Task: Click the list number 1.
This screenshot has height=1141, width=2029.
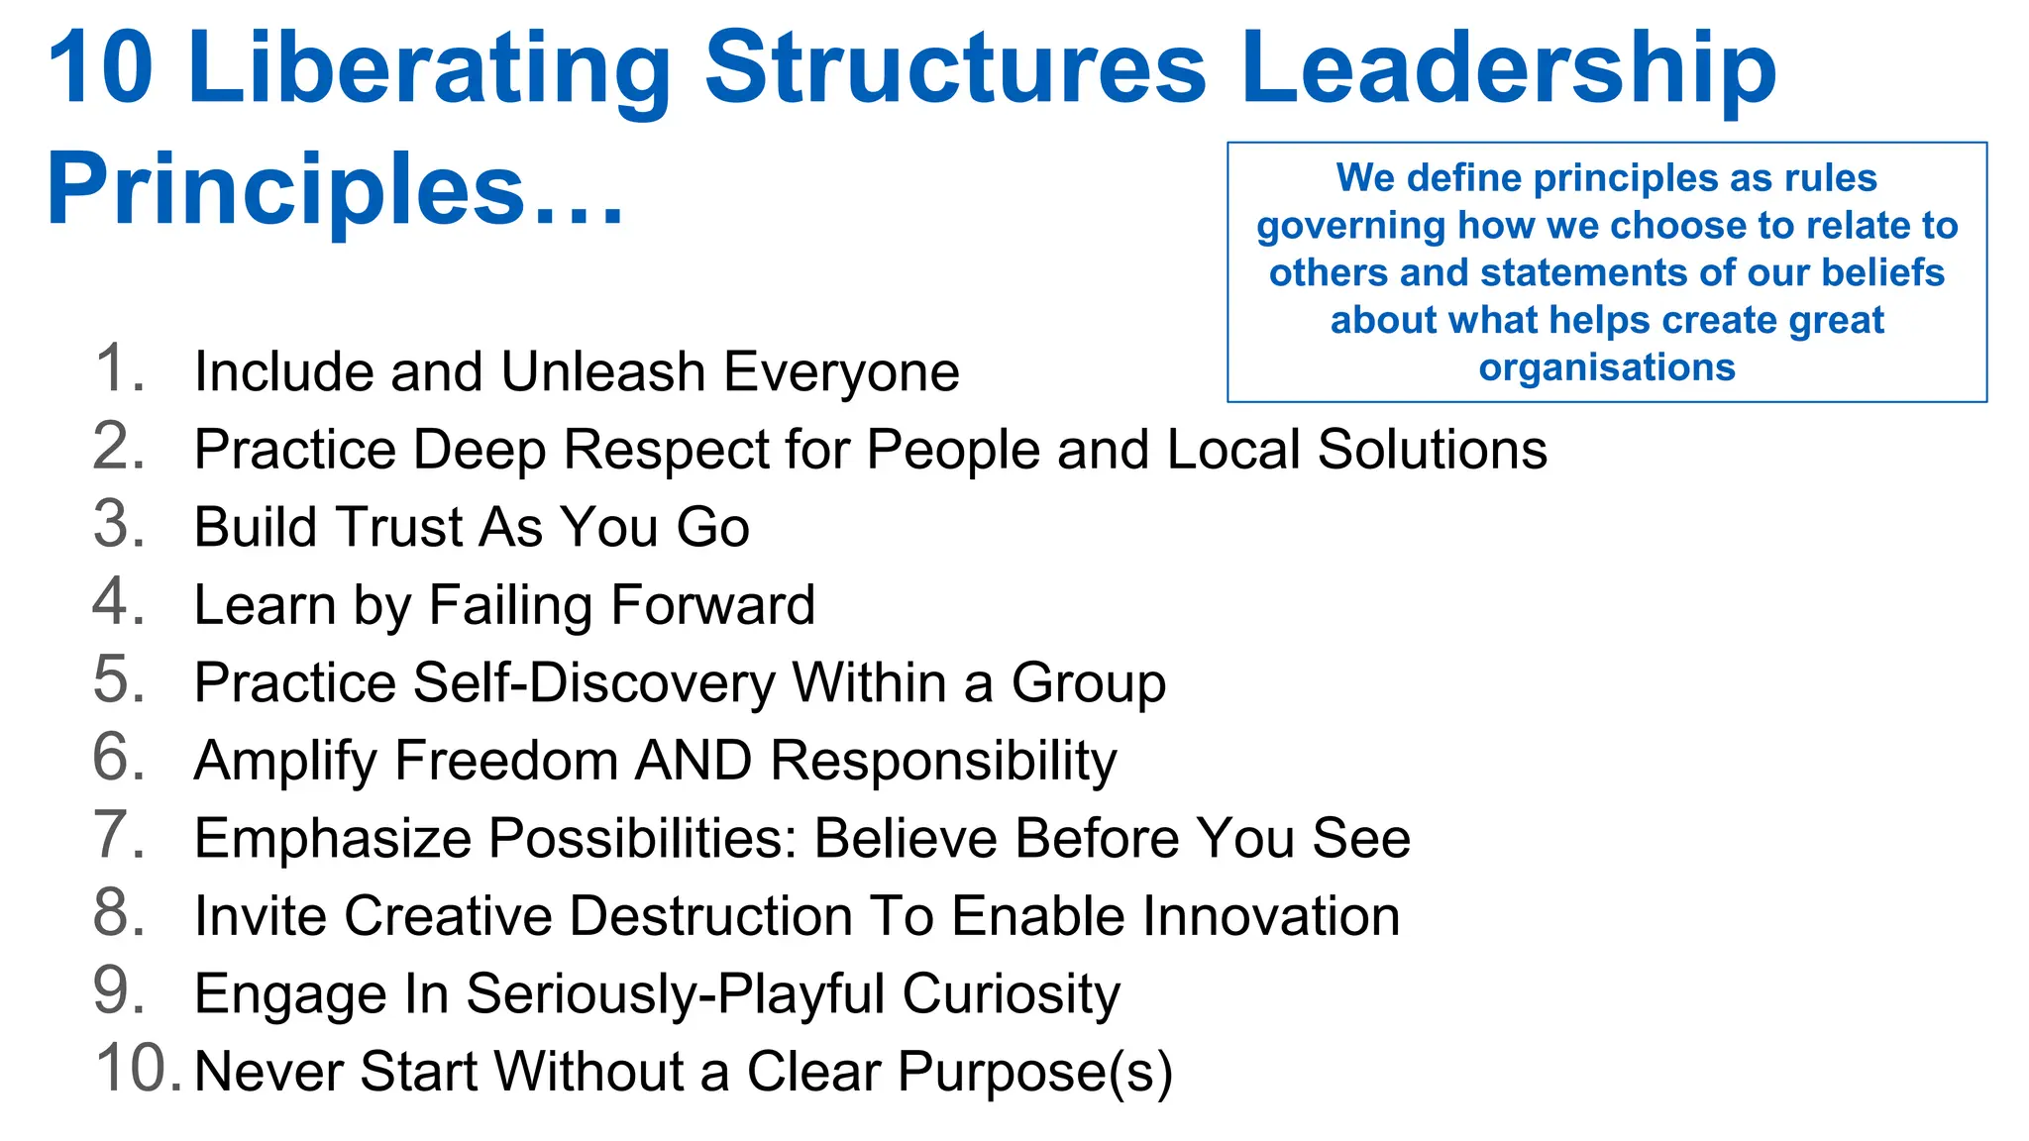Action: tap(119, 368)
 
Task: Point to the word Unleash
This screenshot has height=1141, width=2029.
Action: tap(602, 371)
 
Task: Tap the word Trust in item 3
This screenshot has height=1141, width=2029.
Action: tap(396, 527)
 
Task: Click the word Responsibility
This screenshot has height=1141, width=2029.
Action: tap(943, 761)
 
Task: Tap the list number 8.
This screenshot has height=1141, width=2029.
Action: tap(119, 913)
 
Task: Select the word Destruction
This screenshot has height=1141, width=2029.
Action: tap(710, 916)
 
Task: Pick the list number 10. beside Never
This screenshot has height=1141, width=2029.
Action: tap(137, 1070)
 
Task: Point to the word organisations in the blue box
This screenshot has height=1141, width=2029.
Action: tap(1606, 367)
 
